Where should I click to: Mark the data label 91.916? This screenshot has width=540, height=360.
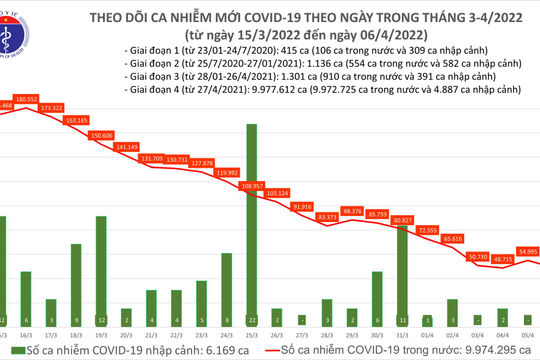[x=302, y=206]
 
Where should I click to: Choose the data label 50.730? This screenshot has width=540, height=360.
[x=452, y=257]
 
